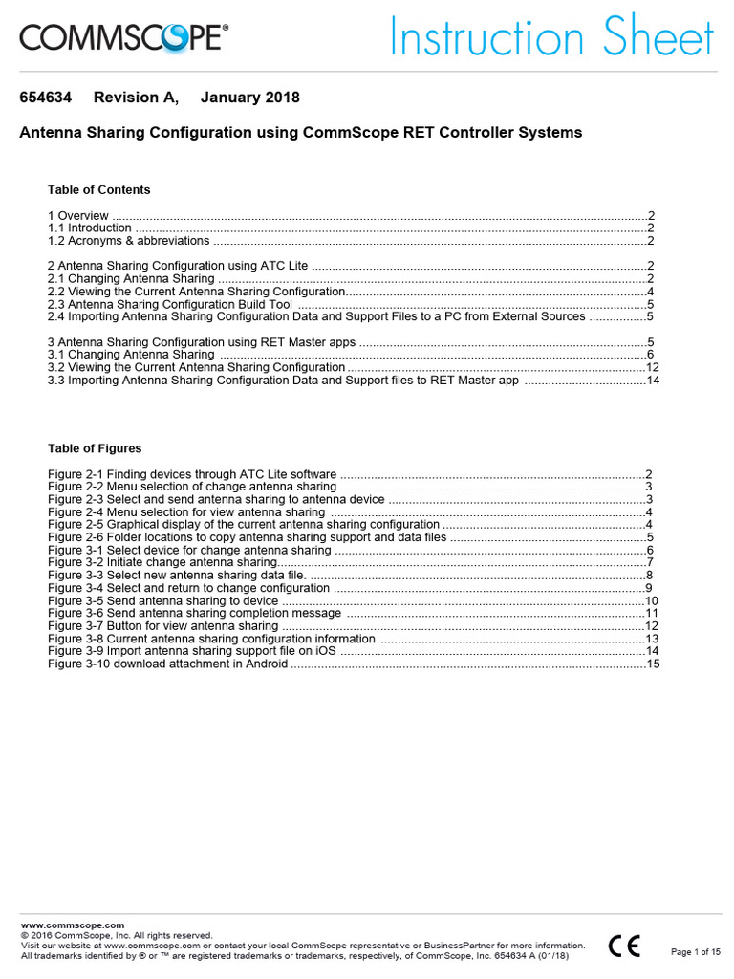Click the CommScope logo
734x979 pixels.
[x=124, y=38]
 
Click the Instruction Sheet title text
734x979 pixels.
[x=551, y=38]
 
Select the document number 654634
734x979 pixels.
[x=46, y=98]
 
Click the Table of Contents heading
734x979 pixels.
[x=98, y=189]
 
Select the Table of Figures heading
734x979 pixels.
[x=95, y=447]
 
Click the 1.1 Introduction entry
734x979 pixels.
[x=90, y=228]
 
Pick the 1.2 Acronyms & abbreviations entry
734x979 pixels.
[x=128, y=241]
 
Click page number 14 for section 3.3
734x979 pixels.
[x=653, y=380]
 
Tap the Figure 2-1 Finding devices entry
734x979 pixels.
[x=192, y=474]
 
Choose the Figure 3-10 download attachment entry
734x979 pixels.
[x=167, y=664]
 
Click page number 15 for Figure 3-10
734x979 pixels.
[x=653, y=664]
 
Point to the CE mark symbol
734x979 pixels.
[x=624, y=946]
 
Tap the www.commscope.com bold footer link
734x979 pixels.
[x=73, y=925]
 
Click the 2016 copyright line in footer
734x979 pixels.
[x=117, y=935]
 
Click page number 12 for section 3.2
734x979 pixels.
[x=653, y=367]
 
